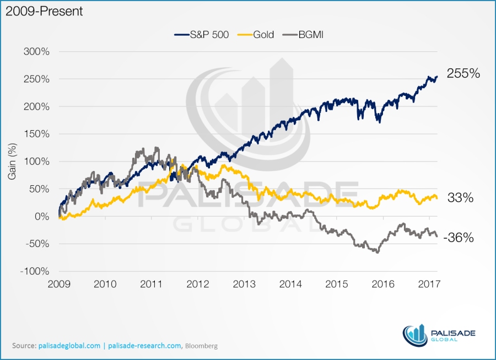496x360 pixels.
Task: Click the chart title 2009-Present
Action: pos(44,11)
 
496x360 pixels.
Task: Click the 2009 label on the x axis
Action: pos(59,284)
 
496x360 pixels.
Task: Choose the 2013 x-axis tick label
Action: pos(244,284)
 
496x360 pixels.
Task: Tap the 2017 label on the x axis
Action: pos(429,284)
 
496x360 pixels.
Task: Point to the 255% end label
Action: pos(464,73)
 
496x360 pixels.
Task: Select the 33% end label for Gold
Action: pos(461,197)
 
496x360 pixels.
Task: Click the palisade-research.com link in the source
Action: pos(144,346)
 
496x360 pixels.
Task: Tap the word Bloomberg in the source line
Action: pos(201,346)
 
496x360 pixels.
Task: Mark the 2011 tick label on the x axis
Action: pos(152,284)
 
